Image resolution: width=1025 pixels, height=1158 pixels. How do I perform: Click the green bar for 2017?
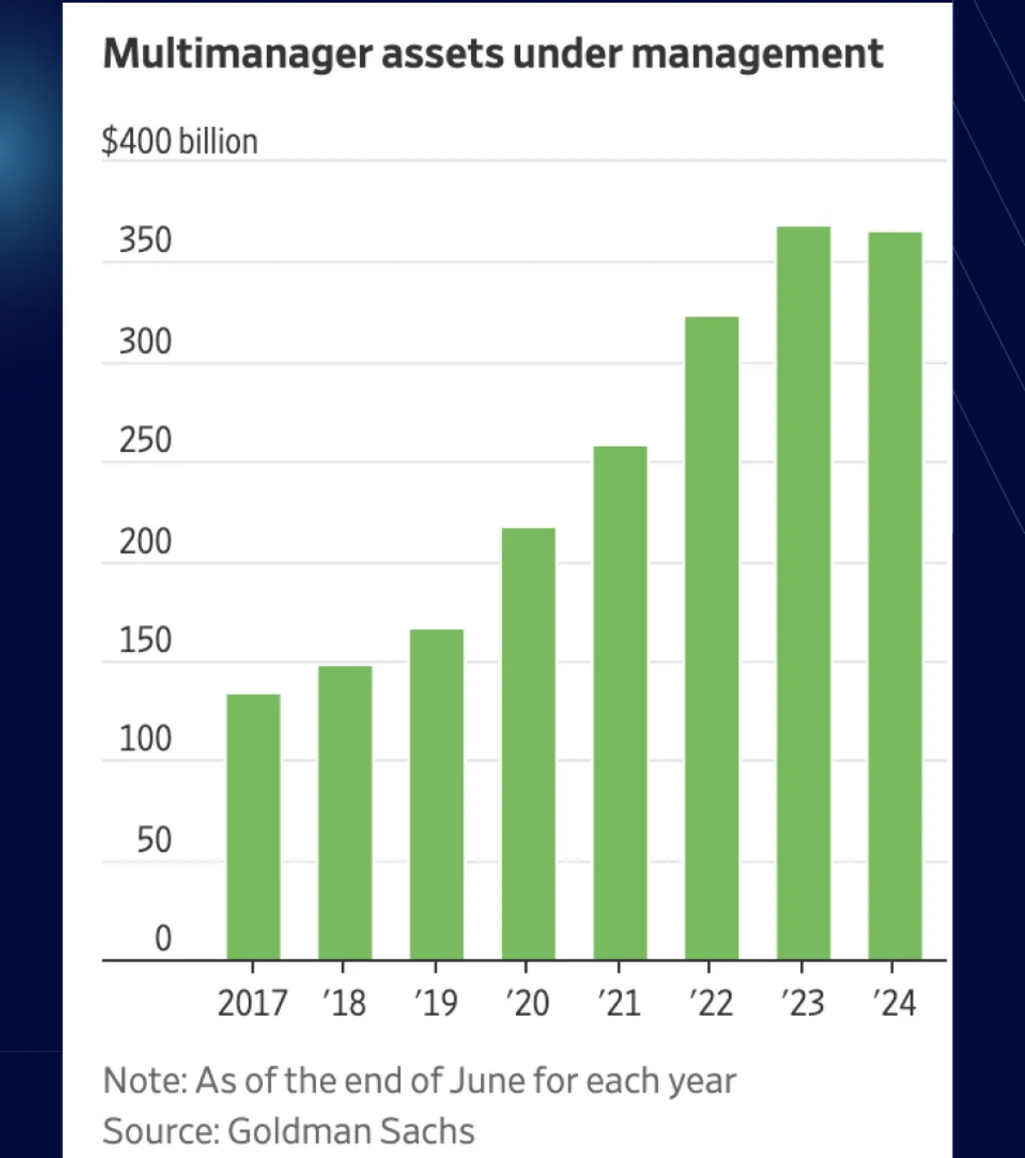pyautogui.click(x=254, y=827)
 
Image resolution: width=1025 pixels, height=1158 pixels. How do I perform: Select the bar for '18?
pyautogui.click(x=345, y=812)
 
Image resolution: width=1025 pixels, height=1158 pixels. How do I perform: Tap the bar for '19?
pyautogui.click(x=437, y=794)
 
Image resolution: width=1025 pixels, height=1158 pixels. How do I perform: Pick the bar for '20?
pyautogui.click(x=528, y=744)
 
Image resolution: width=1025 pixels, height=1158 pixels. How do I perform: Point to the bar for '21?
pyautogui.click(x=620, y=703)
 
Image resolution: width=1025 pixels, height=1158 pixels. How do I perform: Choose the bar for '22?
pyautogui.click(x=712, y=638)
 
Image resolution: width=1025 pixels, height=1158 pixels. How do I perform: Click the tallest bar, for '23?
pyautogui.click(x=804, y=593)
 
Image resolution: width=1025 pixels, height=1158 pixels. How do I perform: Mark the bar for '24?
pyautogui.click(x=895, y=596)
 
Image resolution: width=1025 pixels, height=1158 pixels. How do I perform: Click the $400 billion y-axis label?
pyautogui.click(x=180, y=141)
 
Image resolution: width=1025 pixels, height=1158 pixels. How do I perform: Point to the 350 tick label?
pyautogui.click(x=146, y=240)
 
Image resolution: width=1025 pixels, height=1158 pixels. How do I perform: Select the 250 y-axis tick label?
pyautogui.click(x=146, y=440)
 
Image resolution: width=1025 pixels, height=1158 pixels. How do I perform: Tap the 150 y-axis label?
pyautogui.click(x=146, y=640)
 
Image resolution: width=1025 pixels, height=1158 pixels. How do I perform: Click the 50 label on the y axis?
pyautogui.click(x=154, y=839)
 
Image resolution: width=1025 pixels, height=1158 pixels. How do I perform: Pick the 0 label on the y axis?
pyautogui.click(x=163, y=938)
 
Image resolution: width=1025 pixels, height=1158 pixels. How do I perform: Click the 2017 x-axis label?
pyautogui.click(x=252, y=1003)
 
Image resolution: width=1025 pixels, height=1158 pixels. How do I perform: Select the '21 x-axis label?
pyautogui.click(x=619, y=1003)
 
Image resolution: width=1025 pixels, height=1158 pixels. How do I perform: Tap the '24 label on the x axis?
pyautogui.click(x=894, y=1003)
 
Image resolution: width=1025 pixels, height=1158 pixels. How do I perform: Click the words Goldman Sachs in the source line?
pyautogui.click(x=351, y=1131)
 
